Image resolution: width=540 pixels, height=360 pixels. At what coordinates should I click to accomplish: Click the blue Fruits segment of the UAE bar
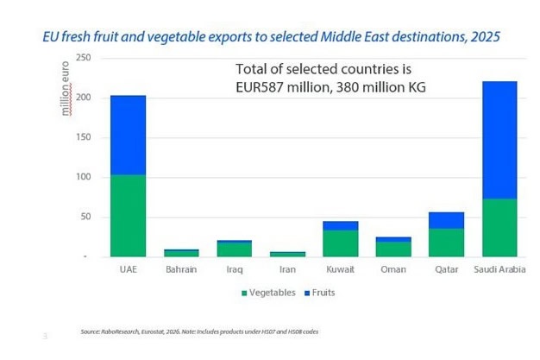[x=128, y=135]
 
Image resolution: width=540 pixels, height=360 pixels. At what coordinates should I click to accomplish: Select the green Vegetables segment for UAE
[x=128, y=215]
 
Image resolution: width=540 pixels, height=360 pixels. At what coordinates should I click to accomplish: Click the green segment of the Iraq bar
[x=234, y=249]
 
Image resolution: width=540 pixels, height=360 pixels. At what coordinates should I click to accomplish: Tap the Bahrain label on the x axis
[x=181, y=269]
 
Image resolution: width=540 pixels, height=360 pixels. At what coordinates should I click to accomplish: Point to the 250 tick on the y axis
[x=84, y=58]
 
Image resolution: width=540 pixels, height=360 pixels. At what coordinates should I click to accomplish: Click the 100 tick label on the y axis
[x=84, y=177]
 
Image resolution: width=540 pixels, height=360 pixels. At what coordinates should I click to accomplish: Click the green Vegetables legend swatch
[x=244, y=293]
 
